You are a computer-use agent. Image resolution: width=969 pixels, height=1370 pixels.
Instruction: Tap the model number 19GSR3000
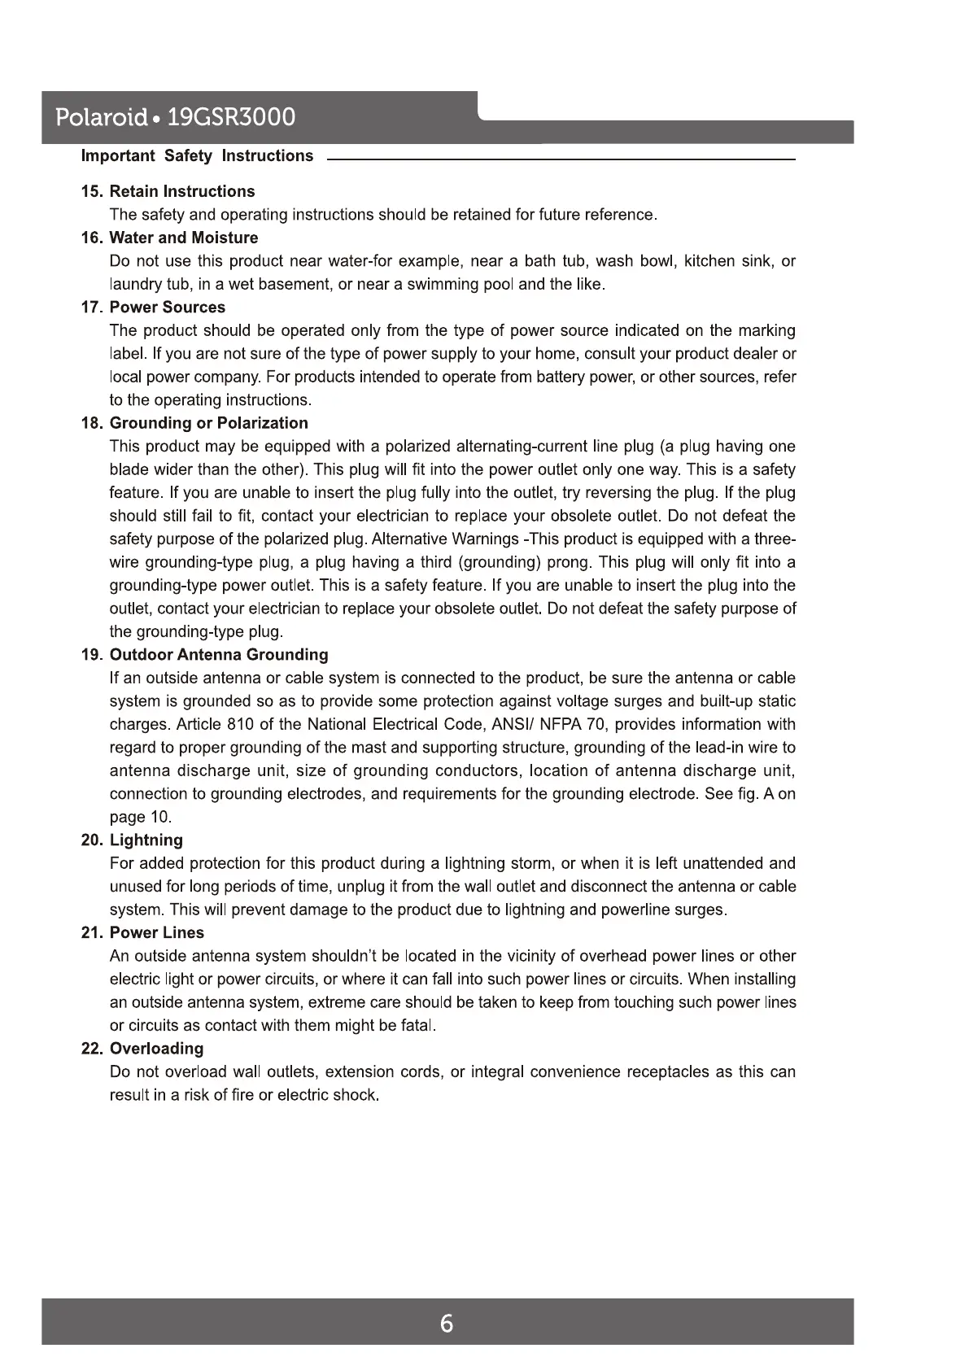[231, 118]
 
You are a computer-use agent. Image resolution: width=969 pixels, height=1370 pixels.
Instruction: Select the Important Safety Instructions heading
[197, 155]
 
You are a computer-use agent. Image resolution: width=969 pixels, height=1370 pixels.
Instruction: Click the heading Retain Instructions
[181, 191]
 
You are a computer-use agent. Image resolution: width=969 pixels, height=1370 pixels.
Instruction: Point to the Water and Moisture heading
[183, 238]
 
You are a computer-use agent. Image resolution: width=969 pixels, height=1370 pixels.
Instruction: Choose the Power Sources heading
[167, 307]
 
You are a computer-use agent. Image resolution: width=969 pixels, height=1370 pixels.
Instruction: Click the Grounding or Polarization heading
[208, 423]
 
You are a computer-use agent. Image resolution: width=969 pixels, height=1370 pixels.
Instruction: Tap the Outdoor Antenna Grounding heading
[219, 655]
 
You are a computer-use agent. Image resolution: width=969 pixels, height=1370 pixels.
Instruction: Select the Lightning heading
[146, 840]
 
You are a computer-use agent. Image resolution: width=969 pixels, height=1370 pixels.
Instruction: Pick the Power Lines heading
[156, 932]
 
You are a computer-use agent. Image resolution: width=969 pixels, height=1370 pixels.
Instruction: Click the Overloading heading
[156, 1049]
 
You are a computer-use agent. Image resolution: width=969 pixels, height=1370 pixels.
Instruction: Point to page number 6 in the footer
[447, 1324]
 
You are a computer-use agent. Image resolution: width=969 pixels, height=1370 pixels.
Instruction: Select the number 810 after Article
[241, 725]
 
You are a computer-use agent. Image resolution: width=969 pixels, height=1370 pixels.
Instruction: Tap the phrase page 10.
[140, 818]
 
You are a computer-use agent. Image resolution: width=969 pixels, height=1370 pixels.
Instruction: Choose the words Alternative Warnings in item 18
[448, 539]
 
